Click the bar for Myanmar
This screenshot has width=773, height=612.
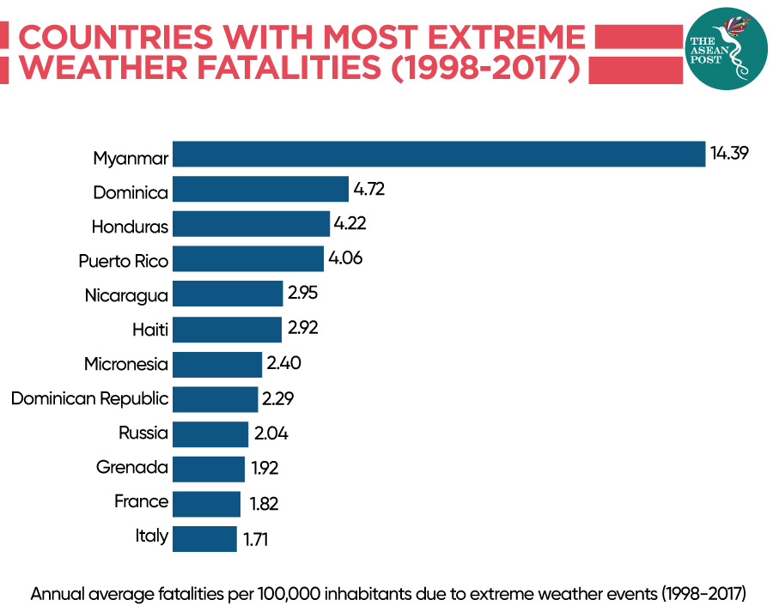[438, 154]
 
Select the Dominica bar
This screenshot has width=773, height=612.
[260, 189]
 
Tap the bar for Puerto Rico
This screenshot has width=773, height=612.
[248, 258]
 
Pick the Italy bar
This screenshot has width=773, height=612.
[204, 539]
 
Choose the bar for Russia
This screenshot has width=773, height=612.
[210, 433]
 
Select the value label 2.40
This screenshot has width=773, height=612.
[284, 364]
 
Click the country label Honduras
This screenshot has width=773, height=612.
[130, 226]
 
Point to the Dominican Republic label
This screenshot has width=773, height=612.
[89, 399]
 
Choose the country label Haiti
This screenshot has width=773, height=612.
[151, 330]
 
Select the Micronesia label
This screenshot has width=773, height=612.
[126, 364]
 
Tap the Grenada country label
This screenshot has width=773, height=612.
[132, 469]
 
